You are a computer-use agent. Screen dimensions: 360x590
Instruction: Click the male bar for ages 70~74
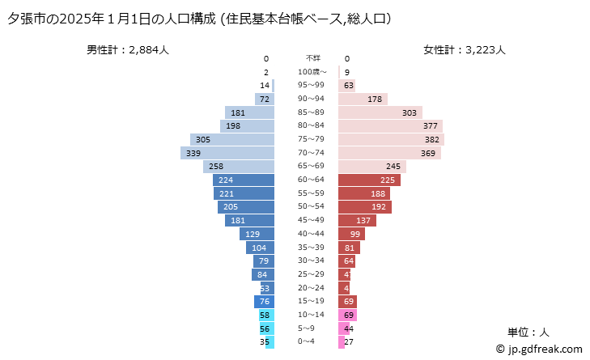[227, 153]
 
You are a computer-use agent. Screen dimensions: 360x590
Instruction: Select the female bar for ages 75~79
[391, 139]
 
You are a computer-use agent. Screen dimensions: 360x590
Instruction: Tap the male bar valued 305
[232, 139]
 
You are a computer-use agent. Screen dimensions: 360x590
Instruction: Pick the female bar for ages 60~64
[367, 180]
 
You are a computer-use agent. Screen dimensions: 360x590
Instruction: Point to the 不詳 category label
[312, 58]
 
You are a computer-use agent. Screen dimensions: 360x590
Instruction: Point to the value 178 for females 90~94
[375, 99]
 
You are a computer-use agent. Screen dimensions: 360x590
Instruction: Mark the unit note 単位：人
[528, 332]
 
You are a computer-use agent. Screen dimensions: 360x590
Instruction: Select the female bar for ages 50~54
[364, 207]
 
